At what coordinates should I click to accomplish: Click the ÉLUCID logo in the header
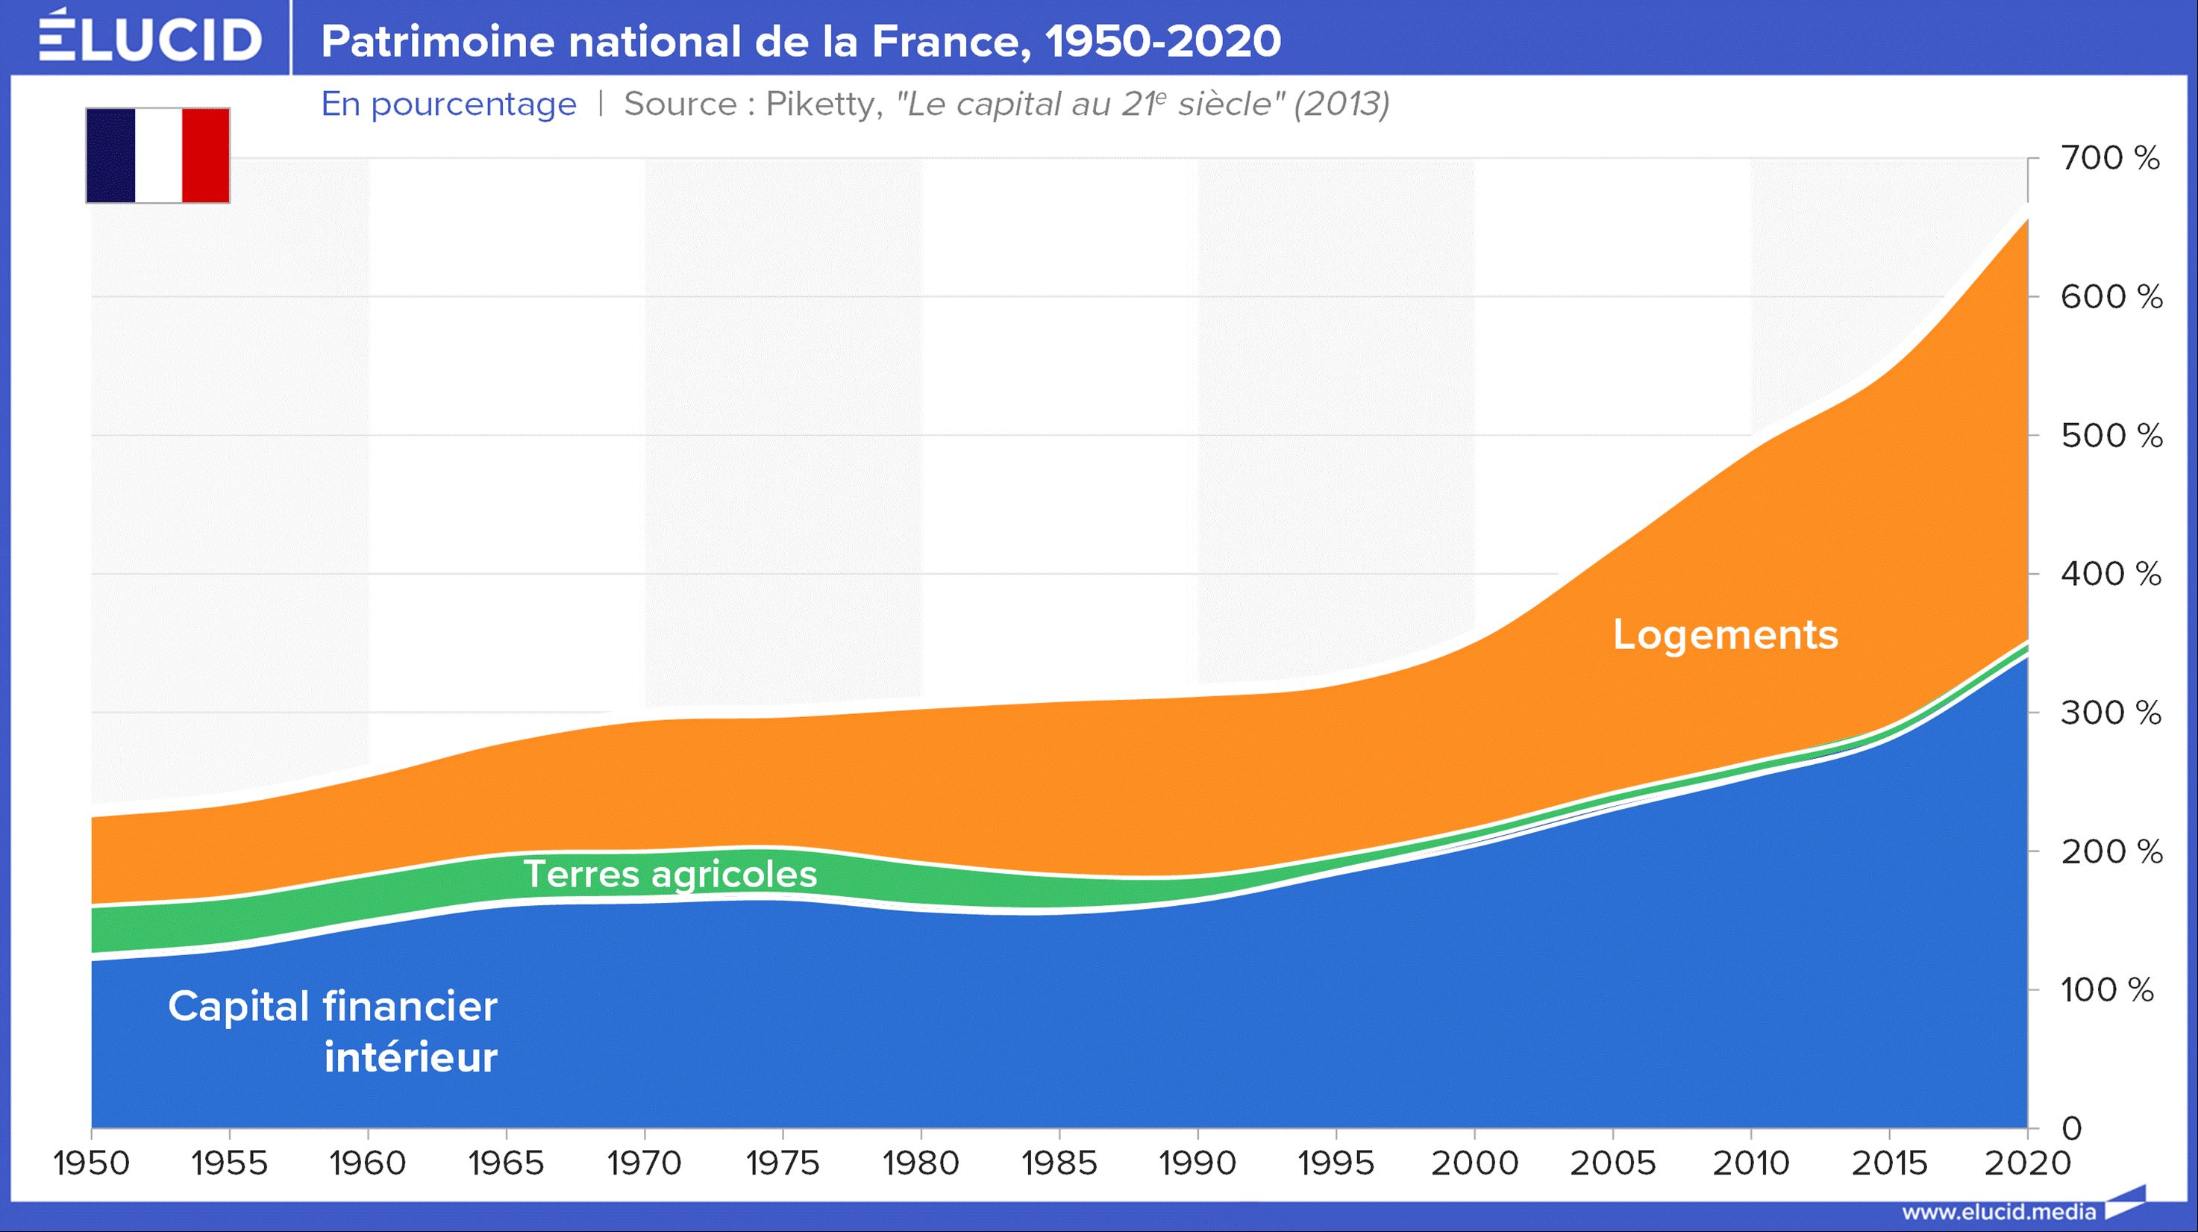(150, 38)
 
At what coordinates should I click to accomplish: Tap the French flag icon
(158, 155)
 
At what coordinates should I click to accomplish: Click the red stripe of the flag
(206, 155)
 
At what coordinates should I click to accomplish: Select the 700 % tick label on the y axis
(2110, 158)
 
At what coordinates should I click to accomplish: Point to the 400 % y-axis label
(2110, 573)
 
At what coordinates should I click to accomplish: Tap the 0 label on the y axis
(2072, 1129)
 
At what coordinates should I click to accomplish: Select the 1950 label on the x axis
(91, 1163)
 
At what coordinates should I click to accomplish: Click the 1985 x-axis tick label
(1059, 1163)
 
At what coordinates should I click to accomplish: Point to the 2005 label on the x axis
(1612, 1163)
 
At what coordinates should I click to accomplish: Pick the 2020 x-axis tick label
(2027, 1163)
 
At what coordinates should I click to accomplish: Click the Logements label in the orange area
(1725, 635)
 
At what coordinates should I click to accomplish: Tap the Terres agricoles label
(670, 874)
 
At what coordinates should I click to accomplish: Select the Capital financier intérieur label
(333, 1031)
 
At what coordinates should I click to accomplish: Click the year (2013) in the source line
(1341, 104)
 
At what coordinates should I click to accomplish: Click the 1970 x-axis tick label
(644, 1163)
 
